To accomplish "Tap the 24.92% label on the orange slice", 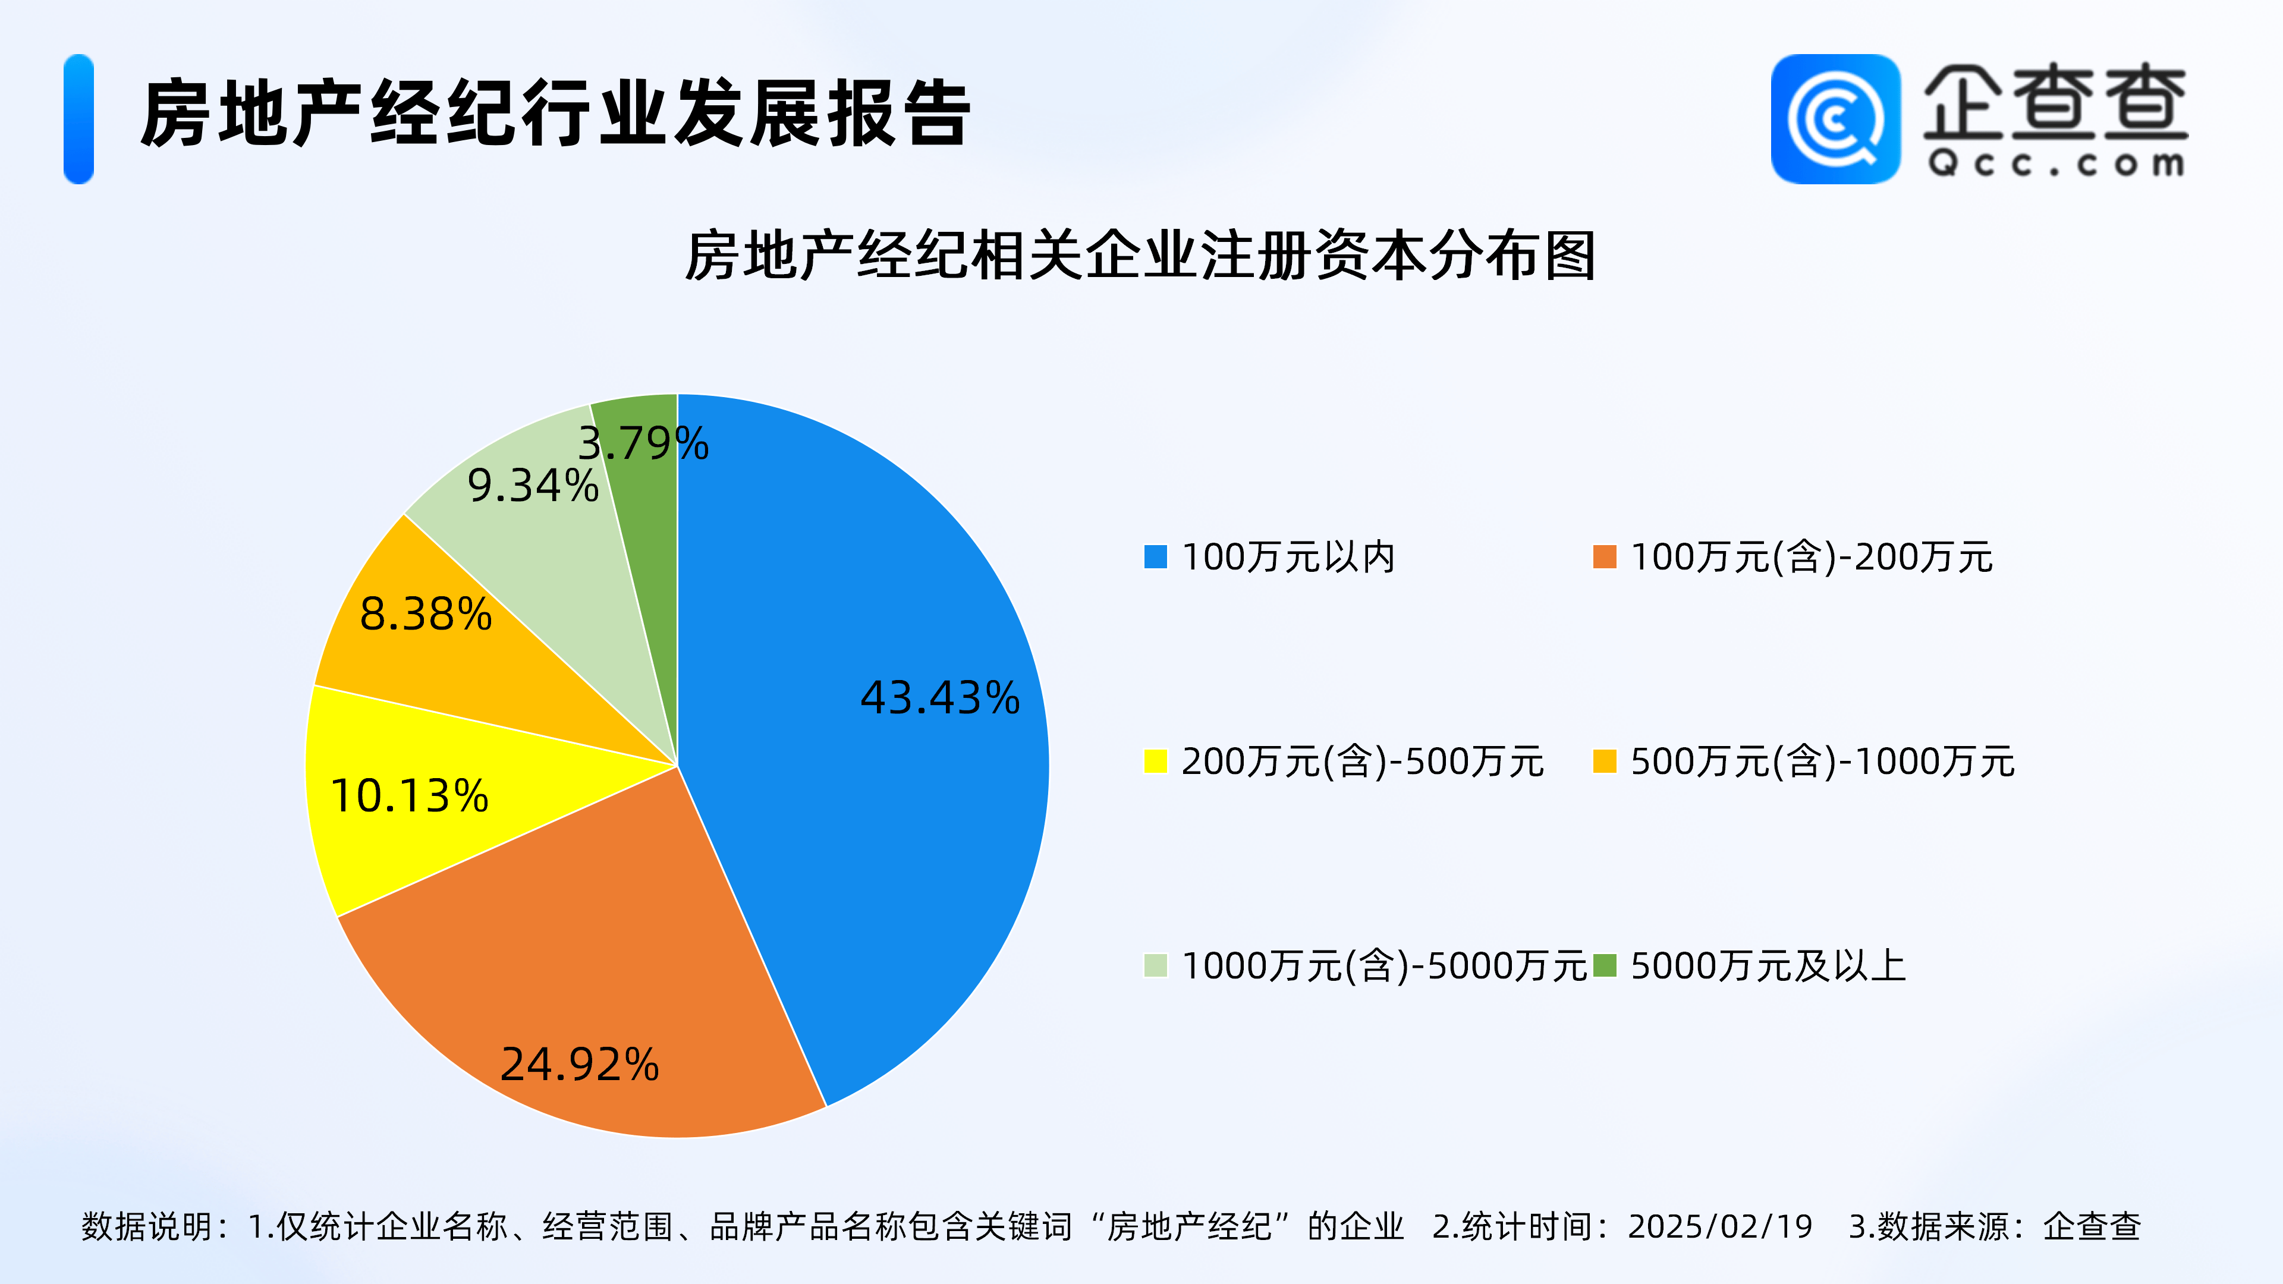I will point(580,1064).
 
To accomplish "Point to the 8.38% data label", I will point(426,614).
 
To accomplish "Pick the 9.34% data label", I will point(533,486).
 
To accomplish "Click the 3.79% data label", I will point(643,443).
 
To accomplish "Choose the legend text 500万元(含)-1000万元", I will point(1822,761).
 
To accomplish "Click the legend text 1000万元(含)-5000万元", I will point(1383,966).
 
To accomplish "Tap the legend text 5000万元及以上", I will point(1768,966).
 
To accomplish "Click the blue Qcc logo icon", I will point(1835,119).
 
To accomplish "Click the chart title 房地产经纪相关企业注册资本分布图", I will point(1141,256).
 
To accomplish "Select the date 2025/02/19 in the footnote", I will point(1720,1226).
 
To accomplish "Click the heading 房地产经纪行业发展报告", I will point(556,114).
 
